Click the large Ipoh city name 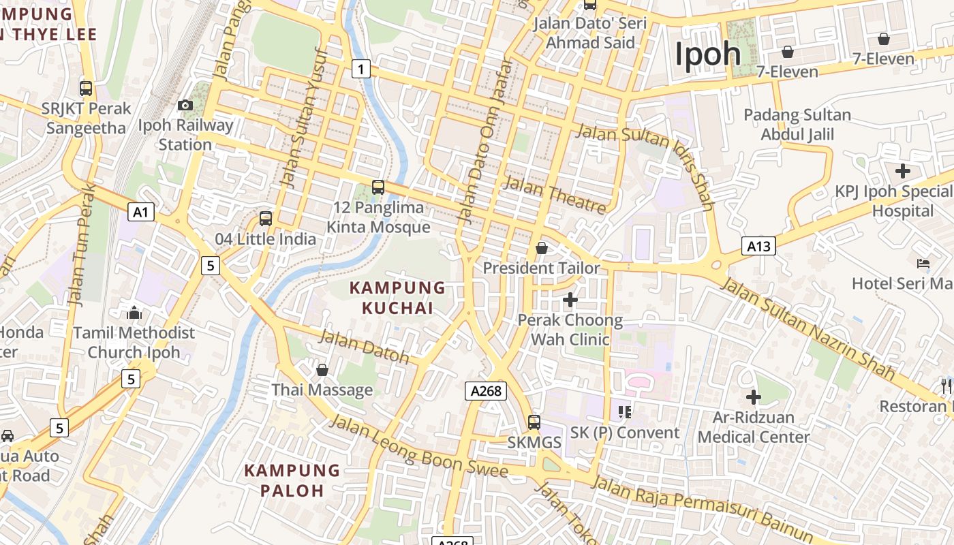[x=708, y=54]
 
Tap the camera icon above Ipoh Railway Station [x=185, y=105]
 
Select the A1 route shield [x=141, y=212]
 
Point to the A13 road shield [x=758, y=245]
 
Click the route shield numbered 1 [x=361, y=68]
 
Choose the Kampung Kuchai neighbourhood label [x=397, y=298]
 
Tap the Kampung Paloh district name [x=292, y=480]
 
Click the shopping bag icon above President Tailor [x=542, y=248]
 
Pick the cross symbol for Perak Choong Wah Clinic [x=570, y=299]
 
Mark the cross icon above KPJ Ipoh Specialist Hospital [x=903, y=170]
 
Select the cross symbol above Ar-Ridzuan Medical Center [x=753, y=396]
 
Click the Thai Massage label [x=322, y=390]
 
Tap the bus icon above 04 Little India [x=266, y=219]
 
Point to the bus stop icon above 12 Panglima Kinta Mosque [x=378, y=187]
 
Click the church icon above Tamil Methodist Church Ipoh [x=134, y=313]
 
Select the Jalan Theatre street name [x=554, y=194]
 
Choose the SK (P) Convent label [x=625, y=433]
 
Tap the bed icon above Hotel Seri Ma [x=923, y=263]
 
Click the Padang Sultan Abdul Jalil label [x=797, y=124]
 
